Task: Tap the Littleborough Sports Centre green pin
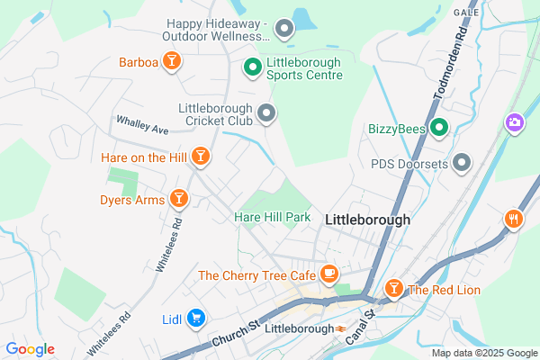pos(254,65)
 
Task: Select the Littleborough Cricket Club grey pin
pos(266,112)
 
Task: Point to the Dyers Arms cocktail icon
pos(178,198)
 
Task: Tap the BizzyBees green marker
pos(438,129)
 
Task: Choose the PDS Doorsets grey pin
pos(462,163)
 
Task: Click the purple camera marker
pos(514,121)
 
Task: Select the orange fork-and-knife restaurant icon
pos(514,218)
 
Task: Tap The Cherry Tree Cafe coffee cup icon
pos(329,273)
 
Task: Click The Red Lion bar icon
pos(392,289)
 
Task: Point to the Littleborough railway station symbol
pos(341,328)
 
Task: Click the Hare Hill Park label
pos(272,218)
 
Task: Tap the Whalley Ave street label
pos(142,125)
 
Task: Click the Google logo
pos(31,349)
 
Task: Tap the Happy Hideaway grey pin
pos(284,29)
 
